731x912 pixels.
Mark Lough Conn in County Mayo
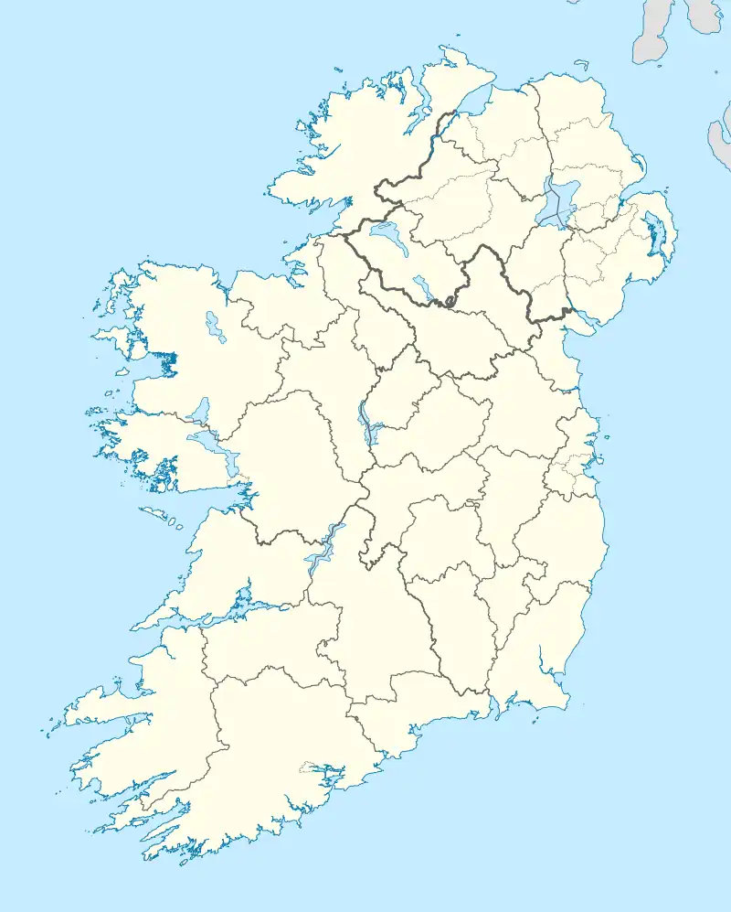(215, 326)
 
